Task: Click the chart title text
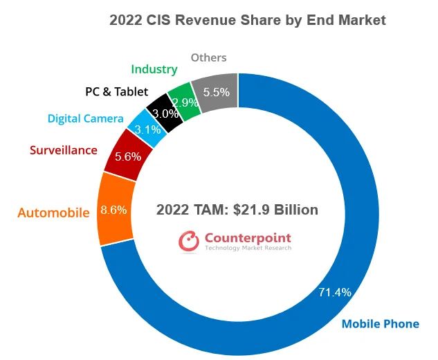point(247,21)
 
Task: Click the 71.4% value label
point(334,292)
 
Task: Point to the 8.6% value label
point(113,210)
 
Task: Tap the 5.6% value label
point(127,156)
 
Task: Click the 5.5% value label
point(217,91)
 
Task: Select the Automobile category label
point(53,213)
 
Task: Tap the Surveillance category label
point(63,150)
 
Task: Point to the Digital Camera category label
point(85,118)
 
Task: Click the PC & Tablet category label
point(116,91)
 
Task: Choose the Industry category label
point(154,69)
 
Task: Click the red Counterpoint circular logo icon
point(188,240)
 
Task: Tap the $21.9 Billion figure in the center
point(277,210)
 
